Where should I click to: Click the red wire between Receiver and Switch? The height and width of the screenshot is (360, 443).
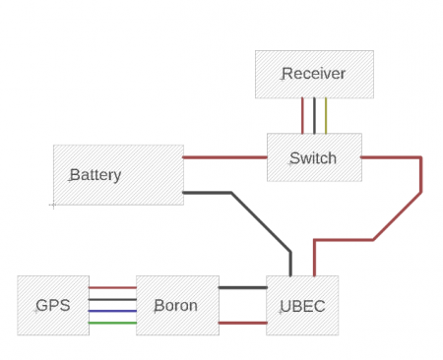pos(303,116)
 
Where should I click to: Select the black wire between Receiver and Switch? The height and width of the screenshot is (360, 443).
pos(315,116)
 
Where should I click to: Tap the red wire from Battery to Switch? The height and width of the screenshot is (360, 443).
pos(224,157)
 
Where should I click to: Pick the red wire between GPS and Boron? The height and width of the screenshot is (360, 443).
pos(112,288)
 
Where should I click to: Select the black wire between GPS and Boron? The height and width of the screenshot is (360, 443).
pos(112,299)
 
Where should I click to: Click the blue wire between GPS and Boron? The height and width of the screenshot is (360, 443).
pos(112,310)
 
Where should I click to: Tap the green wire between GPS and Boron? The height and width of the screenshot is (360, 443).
pos(112,322)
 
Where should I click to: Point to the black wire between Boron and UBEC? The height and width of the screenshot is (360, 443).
pos(242,288)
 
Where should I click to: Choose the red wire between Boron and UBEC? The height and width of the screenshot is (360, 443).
pos(242,322)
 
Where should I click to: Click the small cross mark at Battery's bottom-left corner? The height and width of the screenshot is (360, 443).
pos(52,205)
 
